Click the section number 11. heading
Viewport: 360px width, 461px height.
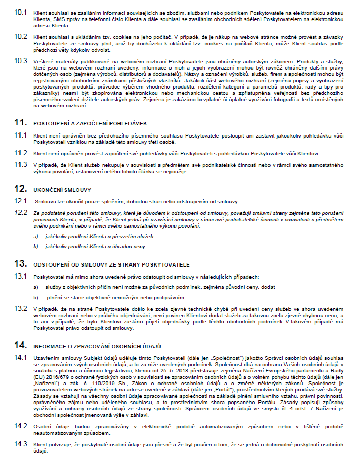[21, 122]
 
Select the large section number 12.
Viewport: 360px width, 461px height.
[21, 188]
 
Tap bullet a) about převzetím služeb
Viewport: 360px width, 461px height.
[35, 236]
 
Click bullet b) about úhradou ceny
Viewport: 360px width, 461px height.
[35, 246]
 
